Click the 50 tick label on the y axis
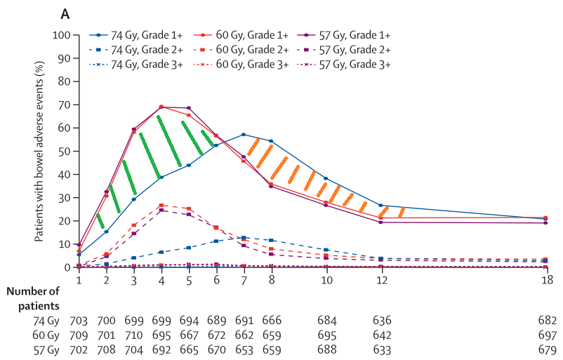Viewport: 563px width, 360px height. pyautogui.click(x=65, y=151)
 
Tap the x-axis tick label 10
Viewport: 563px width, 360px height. pyautogui.click(x=326, y=279)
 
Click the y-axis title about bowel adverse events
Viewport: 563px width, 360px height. pyautogui.click(x=41, y=151)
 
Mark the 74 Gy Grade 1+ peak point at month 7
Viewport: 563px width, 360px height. pyautogui.click(x=244, y=134)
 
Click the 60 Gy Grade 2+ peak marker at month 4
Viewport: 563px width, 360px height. pyautogui.click(x=161, y=205)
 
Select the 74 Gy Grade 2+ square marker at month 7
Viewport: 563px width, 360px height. pyautogui.click(x=244, y=238)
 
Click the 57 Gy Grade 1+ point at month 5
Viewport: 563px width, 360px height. pyautogui.click(x=189, y=108)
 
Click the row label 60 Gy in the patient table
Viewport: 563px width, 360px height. pyautogui.click(x=46, y=333)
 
